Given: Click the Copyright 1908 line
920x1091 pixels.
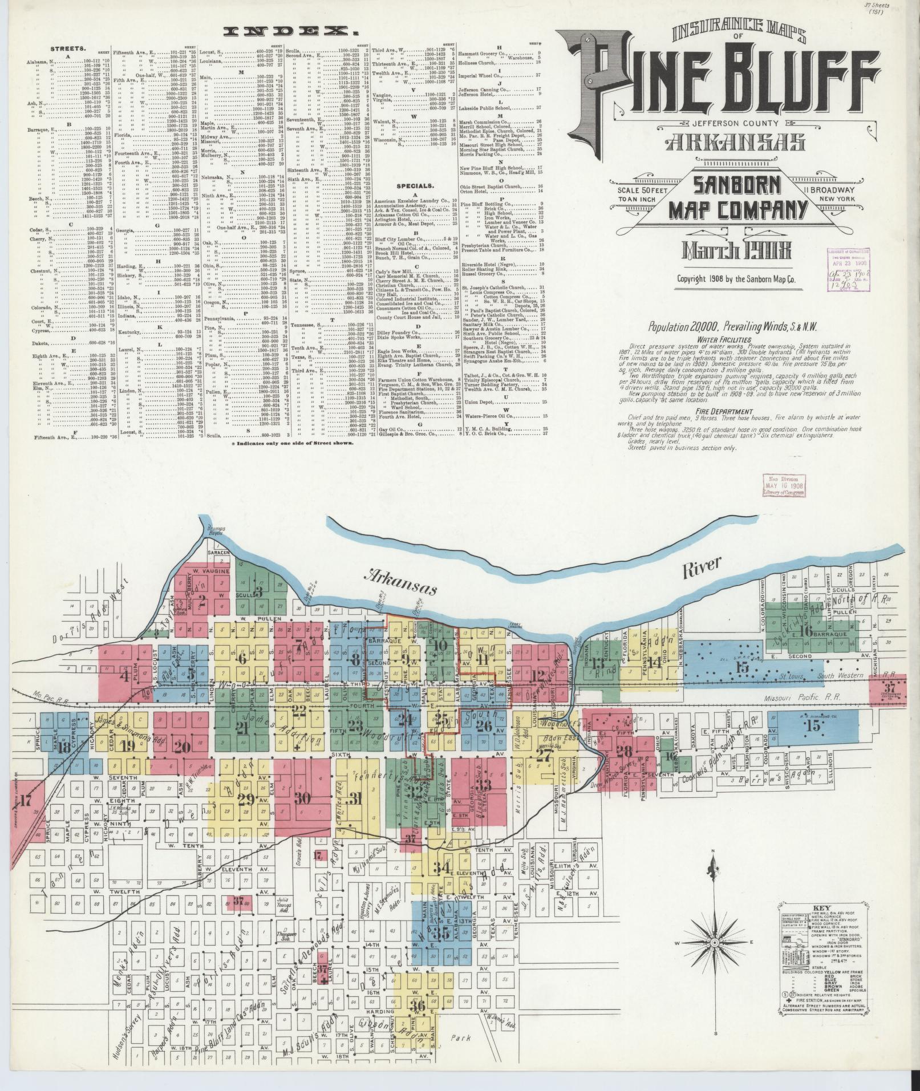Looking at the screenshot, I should tap(727, 279).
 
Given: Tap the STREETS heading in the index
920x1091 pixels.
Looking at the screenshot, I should tap(68, 48).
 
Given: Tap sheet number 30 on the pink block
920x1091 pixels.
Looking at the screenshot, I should tap(302, 797).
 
